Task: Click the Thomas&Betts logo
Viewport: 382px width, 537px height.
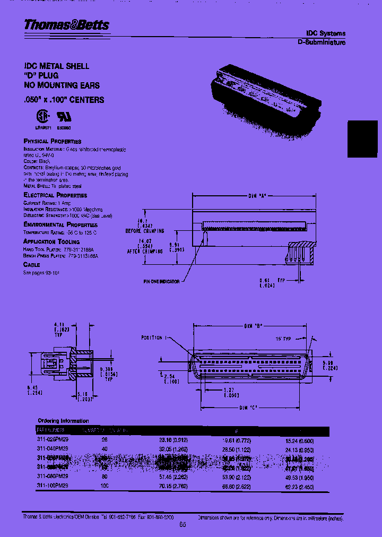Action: (66, 25)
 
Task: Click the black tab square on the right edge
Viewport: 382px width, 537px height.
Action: (364, 139)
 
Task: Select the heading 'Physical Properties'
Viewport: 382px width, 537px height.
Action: (53, 141)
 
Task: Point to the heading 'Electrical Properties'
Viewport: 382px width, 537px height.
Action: (55, 195)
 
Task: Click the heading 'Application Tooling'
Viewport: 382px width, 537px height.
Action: (51, 241)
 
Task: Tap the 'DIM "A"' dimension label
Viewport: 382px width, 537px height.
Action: (257, 196)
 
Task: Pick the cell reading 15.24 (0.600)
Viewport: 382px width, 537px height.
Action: (299, 440)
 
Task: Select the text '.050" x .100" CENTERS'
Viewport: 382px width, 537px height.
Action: (64, 100)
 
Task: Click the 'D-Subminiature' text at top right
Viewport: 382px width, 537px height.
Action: (321, 42)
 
